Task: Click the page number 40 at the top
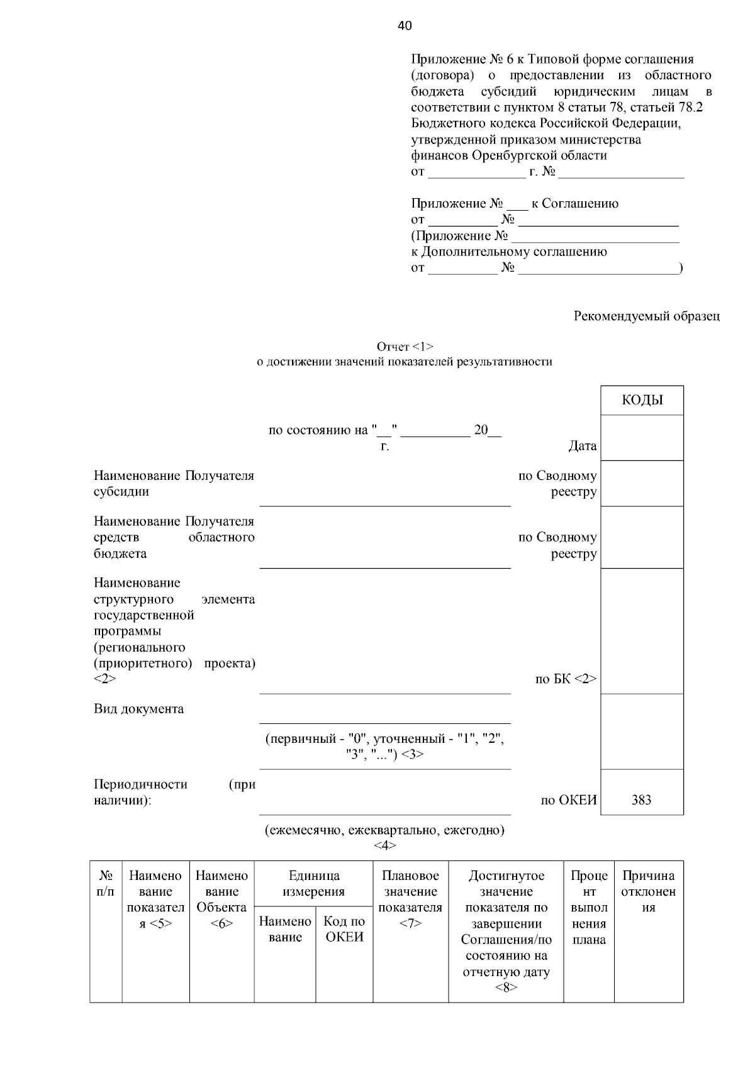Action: click(x=405, y=26)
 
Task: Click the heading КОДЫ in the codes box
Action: click(x=642, y=401)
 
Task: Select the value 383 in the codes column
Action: click(x=641, y=800)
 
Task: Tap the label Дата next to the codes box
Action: click(x=582, y=446)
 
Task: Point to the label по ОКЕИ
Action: click(x=568, y=800)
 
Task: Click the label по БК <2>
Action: click(x=565, y=679)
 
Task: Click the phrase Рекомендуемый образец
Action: click(x=646, y=316)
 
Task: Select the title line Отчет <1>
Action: click(x=405, y=347)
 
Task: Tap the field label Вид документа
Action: click(x=139, y=709)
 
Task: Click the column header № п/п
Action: click(x=106, y=884)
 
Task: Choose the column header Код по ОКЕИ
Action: click(x=344, y=929)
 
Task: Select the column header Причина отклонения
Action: click(x=648, y=891)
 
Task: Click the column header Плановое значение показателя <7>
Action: click(x=410, y=899)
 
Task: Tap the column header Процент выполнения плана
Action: click(x=589, y=908)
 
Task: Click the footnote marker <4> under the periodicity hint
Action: click(x=384, y=845)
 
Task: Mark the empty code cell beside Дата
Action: click(x=642, y=438)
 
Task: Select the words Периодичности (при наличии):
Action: click(x=174, y=792)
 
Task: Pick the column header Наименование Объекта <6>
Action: click(x=221, y=899)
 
